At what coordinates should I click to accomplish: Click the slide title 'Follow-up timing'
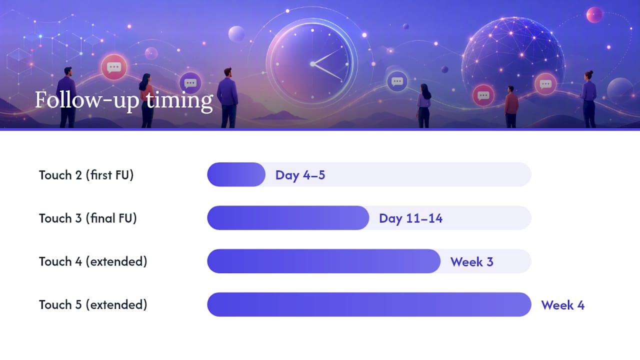click(124, 100)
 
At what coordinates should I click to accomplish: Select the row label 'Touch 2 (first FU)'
click(86, 175)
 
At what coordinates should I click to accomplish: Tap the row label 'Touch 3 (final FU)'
click(88, 218)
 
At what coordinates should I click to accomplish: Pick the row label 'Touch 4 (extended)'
click(93, 261)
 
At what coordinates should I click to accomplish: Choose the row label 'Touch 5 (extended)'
click(93, 304)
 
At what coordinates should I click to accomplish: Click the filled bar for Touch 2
click(236, 174)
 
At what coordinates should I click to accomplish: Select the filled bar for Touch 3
click(288, 217)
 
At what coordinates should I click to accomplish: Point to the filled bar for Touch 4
click(323, 261)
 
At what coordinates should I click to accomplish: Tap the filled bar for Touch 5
click(369, 304)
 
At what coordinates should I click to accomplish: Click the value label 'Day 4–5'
click(300, 175)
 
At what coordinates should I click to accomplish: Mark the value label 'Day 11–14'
click(410, 218)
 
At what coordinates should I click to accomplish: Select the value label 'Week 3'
click(471, 261)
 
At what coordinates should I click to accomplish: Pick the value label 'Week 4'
click(563, 305)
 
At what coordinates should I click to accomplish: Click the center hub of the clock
click(312, 64)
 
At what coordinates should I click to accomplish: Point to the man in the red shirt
click(511, 106)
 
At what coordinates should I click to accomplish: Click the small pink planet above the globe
click(594, 15)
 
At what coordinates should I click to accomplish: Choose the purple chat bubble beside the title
click(190, 83)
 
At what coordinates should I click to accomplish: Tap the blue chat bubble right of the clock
click(397, 81)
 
